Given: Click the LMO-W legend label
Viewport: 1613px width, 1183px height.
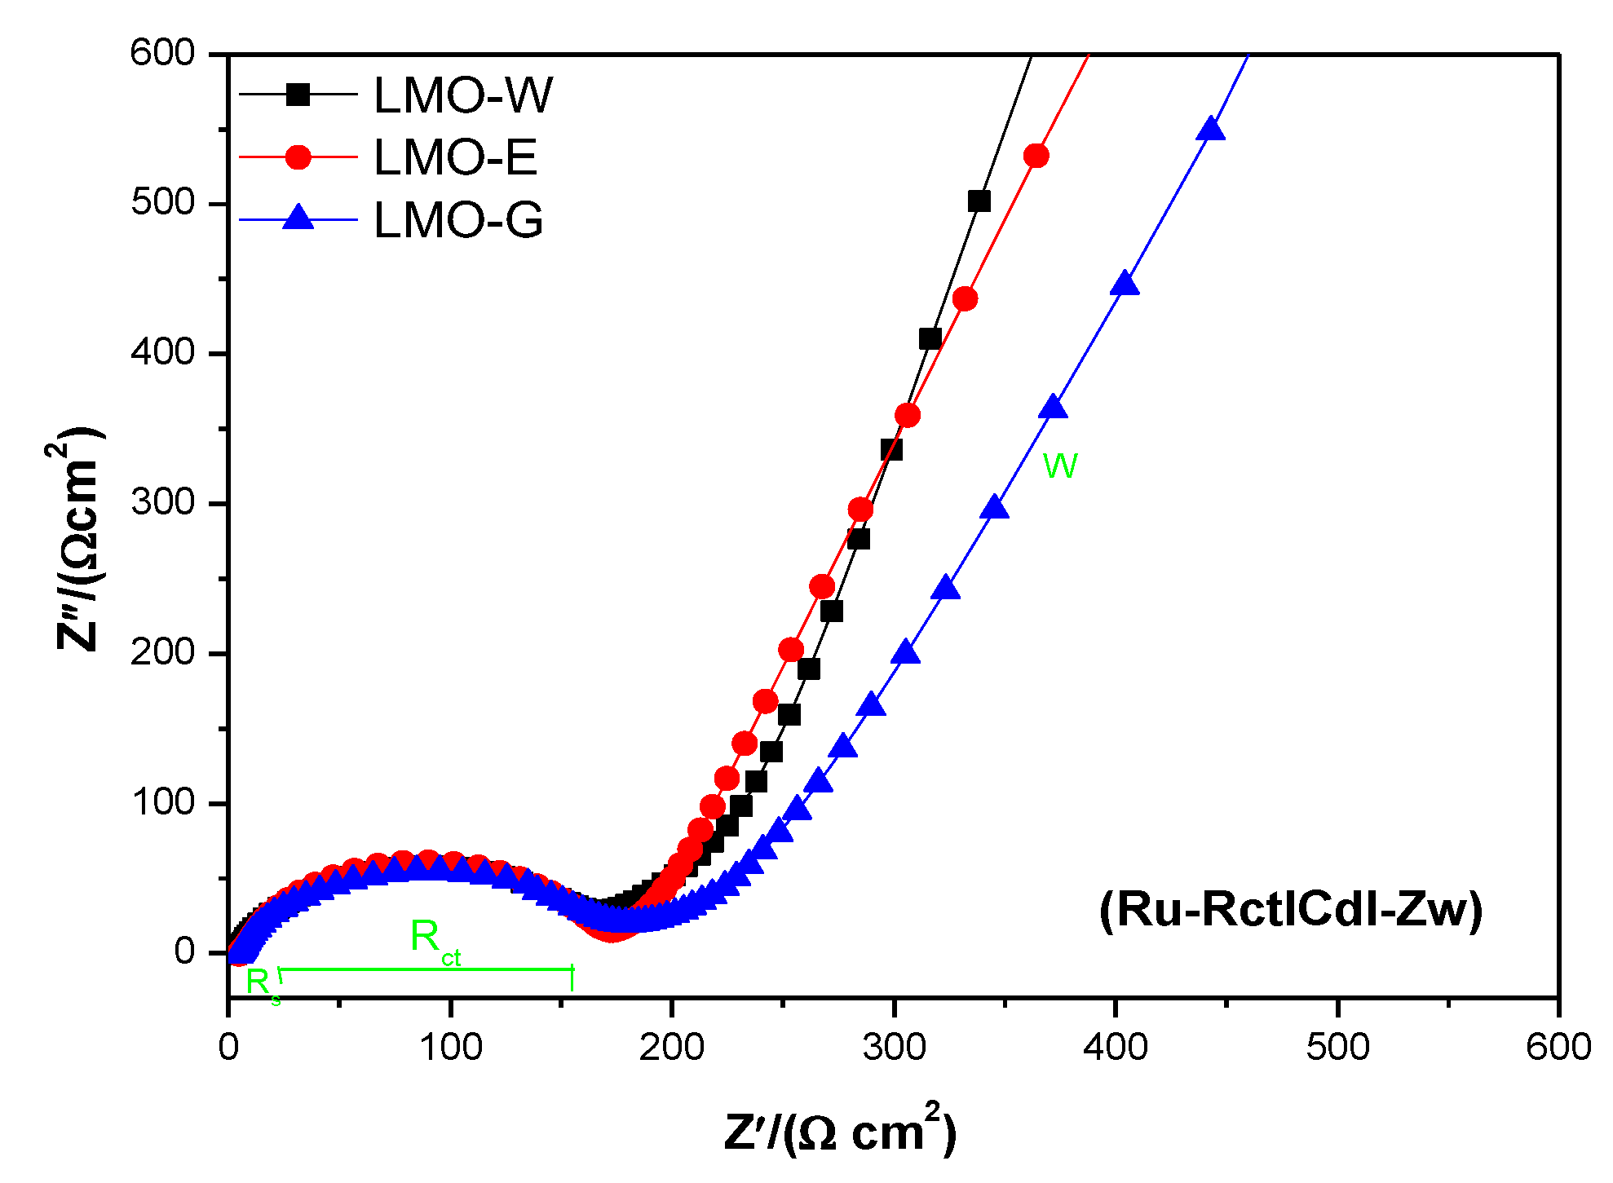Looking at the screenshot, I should tap(462, 95).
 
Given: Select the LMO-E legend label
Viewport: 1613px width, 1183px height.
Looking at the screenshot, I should tap(455, 157).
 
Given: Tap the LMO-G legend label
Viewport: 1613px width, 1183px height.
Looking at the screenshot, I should tap(457, 220).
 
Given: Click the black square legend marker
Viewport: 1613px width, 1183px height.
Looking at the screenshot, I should tap(298, 95).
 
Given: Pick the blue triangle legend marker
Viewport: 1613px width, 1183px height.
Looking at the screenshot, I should tap(298, 219).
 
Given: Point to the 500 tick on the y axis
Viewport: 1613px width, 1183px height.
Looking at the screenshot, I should tap(163, 202).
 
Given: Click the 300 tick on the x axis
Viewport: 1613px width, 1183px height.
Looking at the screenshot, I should tap(895, 1047).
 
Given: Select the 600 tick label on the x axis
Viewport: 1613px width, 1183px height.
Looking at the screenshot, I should tap(1558, 1047).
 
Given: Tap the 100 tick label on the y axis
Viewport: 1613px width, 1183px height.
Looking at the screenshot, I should tap(163, 802).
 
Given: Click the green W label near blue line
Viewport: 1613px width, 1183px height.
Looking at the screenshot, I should tap(1060, 466).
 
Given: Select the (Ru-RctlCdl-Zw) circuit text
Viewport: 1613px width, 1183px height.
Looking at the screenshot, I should tap(1291, 909).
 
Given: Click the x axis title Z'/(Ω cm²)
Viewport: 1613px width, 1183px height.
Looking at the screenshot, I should tap(840, 1130).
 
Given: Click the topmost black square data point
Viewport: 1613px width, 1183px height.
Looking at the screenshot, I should tap(979, 201).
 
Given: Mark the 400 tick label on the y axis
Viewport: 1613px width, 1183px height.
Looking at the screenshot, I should tap(163, 352).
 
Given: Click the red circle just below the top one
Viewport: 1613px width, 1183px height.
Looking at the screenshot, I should tap(965, 299).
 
